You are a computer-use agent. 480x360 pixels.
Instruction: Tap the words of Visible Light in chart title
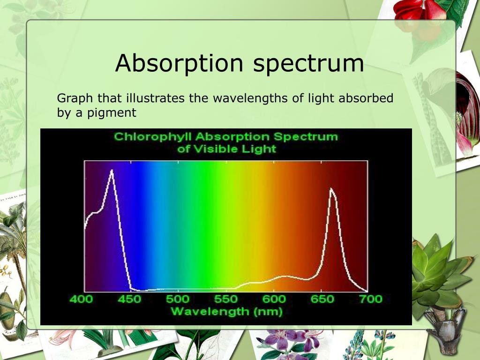(226, 150)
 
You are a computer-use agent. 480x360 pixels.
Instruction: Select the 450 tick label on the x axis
(129, 299)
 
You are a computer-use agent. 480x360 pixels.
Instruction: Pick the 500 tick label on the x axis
(178, 299)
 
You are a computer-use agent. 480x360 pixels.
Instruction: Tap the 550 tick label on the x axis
(226, 299)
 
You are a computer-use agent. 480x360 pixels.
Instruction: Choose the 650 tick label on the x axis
(322, 299)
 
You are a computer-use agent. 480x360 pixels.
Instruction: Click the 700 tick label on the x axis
(370, 299)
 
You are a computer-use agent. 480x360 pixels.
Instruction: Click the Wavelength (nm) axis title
(226, 311)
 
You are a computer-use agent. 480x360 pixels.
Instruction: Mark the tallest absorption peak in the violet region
(112, 171)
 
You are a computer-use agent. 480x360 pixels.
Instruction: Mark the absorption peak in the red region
(331, 189)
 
